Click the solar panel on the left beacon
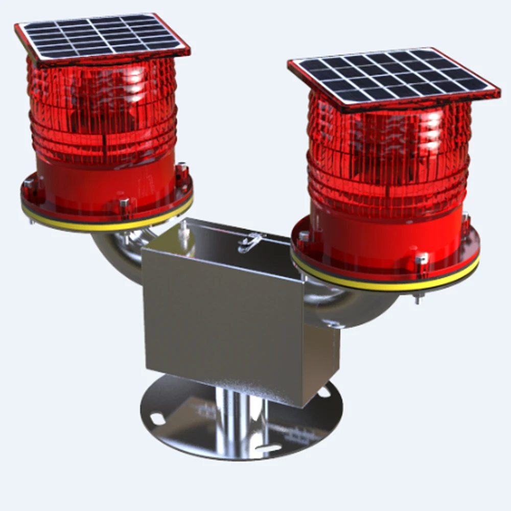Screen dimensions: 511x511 coord(102,37)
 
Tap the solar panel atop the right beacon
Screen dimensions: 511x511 coord(393,77)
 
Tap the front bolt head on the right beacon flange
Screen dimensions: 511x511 coord(420,259)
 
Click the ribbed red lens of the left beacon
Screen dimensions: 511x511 coord(102,112)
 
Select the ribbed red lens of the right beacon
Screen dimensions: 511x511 coord(388,153)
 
